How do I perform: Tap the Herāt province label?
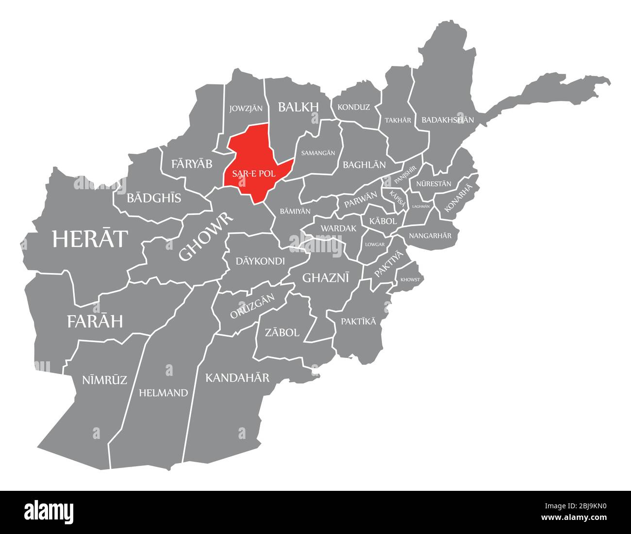90,239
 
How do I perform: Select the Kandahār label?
237,377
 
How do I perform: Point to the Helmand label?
163,393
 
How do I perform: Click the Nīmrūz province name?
104,380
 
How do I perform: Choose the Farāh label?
95,321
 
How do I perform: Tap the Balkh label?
298,107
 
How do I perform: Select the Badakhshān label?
448,119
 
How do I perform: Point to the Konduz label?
353,107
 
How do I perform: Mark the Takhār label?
398,120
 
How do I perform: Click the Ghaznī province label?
326,277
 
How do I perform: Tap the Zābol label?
282,333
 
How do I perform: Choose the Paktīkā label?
358,322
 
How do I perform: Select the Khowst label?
410,279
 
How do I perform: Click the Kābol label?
383,221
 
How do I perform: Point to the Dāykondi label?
260,261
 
